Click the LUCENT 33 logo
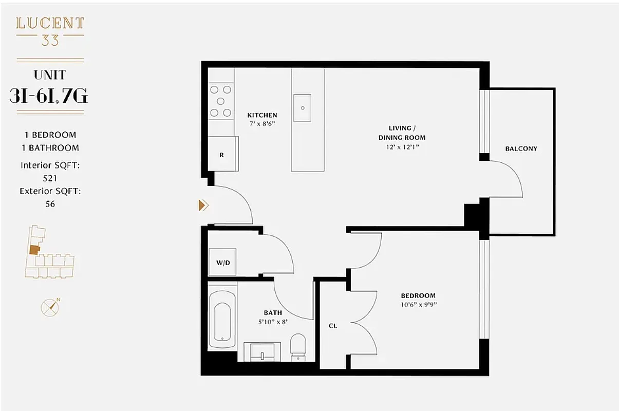[50, 31]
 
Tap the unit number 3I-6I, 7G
[49, 96]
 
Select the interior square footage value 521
[50, 178]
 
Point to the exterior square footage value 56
[50, 204]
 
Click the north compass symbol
[50, 307]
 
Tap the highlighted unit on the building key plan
[34, 250]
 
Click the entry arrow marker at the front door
[203, 206]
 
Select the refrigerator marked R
[222, 154]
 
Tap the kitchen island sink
[303, 108]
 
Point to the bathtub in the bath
[222, 322]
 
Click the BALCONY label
[521, 148]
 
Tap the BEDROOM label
[418, 295]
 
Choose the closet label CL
[333, 326]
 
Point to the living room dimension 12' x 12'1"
[402, 147]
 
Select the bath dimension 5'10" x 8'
[273, 322]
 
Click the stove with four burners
[221, 101]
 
